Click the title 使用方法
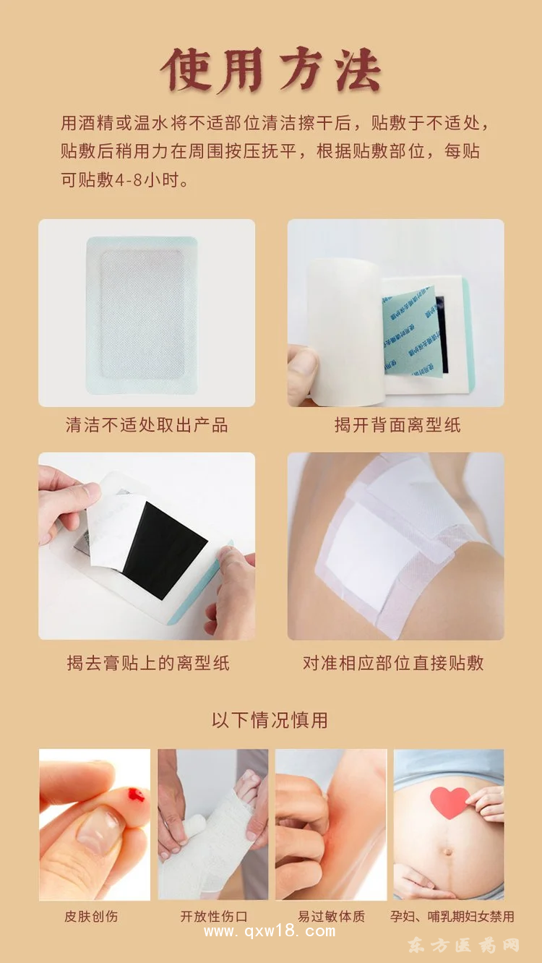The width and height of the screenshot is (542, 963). tap(270, 70)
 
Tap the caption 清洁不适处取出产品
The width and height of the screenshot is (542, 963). tap(147, 425)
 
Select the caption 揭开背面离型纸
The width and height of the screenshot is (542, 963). tap(397, 425)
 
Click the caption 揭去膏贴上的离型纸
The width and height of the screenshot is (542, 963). tap(148, 663)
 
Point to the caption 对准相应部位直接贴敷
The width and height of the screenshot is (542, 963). tap(393, 663)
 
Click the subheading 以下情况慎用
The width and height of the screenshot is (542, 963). tap(270, 720)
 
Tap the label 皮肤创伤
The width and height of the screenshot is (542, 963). tap(91, 917)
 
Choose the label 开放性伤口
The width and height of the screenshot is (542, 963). tap(213, 917)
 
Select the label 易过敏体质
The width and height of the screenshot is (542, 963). tap(332, 917)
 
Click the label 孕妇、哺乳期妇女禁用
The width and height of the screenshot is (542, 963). tap(452, 917)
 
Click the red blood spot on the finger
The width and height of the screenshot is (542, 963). tap(135, 796)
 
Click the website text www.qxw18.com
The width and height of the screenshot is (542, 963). tap(270, 932)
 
